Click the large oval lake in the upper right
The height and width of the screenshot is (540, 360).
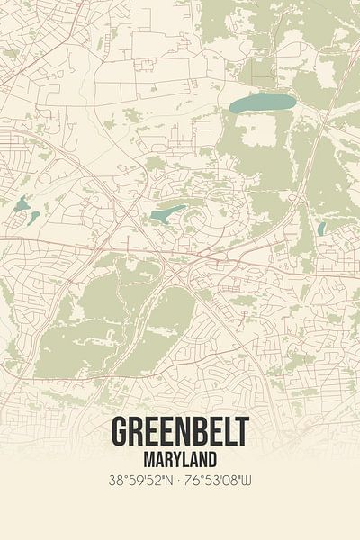point(262,103)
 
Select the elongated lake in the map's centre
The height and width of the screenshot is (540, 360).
point(168,214)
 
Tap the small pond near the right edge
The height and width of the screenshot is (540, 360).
point(321,229)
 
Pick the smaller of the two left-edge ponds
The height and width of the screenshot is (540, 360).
point(34,218)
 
